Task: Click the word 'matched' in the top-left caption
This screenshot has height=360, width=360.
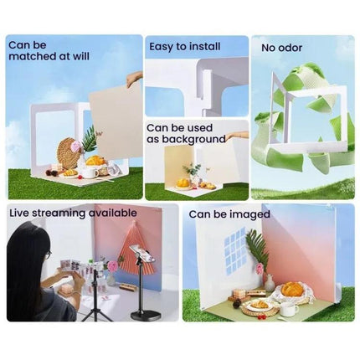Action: point(33,56)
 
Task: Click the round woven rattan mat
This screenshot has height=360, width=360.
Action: point(68,153)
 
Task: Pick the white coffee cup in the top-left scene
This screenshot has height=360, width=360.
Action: point(89,172)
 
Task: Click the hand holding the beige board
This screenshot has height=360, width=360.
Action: point(135,80)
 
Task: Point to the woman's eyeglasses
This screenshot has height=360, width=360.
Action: point(48,255)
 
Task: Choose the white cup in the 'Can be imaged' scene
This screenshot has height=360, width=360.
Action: point(289,310)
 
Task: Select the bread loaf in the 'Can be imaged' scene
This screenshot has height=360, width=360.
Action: point(292,289)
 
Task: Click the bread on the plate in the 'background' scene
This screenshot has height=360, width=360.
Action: point(183,183)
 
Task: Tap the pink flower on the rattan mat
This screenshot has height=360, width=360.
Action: point(76,145)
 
